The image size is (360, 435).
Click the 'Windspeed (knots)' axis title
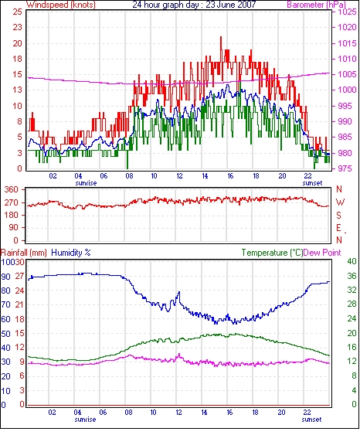click(x=61, y=5)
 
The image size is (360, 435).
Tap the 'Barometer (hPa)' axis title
click(x=317, y=5)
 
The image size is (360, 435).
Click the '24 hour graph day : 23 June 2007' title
click(x=194, y=5)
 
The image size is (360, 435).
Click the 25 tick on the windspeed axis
click(x=17, y=12)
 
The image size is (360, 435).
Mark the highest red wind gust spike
click(x=221, y=37)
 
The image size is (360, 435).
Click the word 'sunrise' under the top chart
click(x=86, y=183)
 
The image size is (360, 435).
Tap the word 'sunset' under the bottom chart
click(x=312, y=420)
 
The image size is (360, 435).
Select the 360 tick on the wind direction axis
click(x=11, y=190)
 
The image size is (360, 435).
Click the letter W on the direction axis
click(x=340, y=202)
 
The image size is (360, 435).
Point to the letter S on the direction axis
click(x=338, y=215)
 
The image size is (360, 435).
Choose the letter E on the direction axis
click(x=338, y=228)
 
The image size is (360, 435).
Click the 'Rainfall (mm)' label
click(x=24, y=253)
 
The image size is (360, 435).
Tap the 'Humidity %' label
click(x=71, y=253)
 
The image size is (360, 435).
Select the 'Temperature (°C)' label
click(x=272, y=253)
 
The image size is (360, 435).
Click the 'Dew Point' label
click(x=322, y=253)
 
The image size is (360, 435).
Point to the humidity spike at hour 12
click(x=179, y=292)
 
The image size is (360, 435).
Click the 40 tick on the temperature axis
click(x=352, y=262)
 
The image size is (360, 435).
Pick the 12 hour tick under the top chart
click(x=179, y=176)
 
